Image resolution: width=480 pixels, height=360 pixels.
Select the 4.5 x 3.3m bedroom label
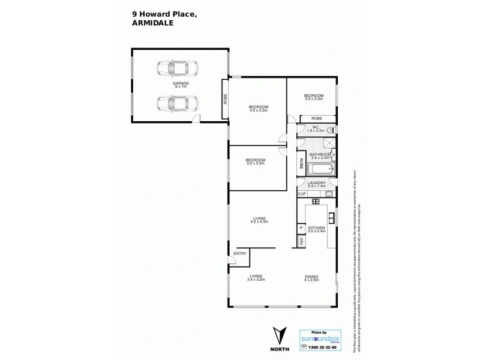click(x=258, y=109)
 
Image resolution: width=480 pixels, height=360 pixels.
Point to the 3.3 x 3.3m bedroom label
click(x=314, y=97)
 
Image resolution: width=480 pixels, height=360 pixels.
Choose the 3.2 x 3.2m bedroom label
click(x=255, y=161)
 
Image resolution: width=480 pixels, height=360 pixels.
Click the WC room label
click(x=315, y=128)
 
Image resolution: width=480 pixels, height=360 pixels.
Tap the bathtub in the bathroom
click(x=316, y=169)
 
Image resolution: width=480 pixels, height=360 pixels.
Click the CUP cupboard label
click(x=302, y=194)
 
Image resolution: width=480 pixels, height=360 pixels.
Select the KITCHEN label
click(x=316, y=229)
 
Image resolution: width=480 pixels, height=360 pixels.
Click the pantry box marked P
click(x=301, y=229)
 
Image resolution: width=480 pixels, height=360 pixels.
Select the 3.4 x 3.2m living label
click(x=256, y=277)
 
